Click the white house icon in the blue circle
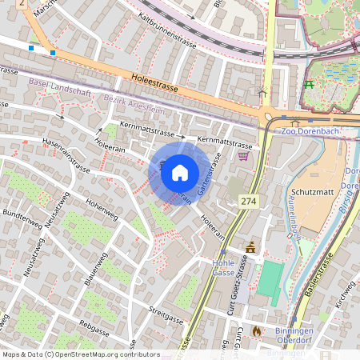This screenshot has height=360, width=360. click(x=180, y=173)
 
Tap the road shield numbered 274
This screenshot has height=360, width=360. click(x=248, y=203)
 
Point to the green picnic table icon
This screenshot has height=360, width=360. click(x=309, y=84)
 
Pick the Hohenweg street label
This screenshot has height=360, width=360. click(x=102, y=210)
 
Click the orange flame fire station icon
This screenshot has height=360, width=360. click(x=256, y=329)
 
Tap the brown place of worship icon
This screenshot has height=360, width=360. click(x=250, y=247)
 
